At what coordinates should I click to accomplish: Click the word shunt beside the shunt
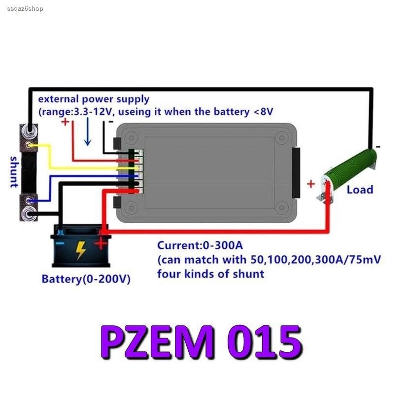(13, 172)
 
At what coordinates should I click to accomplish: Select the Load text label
(360, 190)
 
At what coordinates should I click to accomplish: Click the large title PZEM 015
(202, 341)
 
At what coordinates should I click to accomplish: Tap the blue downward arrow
(87, 132)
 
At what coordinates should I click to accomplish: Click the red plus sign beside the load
(311, 184)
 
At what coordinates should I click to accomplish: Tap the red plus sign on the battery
(101, 243)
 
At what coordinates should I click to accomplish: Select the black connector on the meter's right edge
(296, 172)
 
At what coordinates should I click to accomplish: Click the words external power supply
(94, 99)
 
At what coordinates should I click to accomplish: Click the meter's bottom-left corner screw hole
(132, 208)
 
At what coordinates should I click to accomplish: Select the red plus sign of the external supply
(65, 122)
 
